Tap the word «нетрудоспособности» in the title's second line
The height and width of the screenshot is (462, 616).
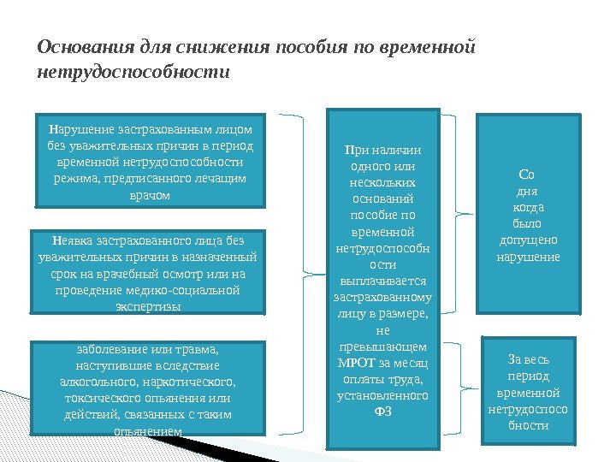[x=133, y=72]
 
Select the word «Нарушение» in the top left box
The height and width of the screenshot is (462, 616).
[x=75, y=130]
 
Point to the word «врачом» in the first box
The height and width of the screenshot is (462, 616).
[x=149, y=195]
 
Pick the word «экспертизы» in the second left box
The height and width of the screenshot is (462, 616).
[x=148, y=306]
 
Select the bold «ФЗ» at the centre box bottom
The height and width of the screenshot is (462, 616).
[x=382, y=412]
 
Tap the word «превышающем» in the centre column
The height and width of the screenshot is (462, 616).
[x=382, y=346]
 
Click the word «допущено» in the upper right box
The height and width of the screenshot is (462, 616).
[x=528, y=240]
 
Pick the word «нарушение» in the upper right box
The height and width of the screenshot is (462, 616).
[x=528, y=256]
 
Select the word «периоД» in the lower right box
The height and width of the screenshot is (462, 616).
[x=528, y=376]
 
